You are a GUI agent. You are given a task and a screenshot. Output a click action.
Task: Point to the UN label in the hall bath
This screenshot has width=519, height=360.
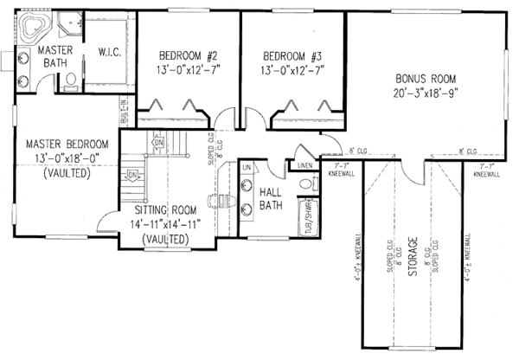pyautogui.click(x=246, y=166)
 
